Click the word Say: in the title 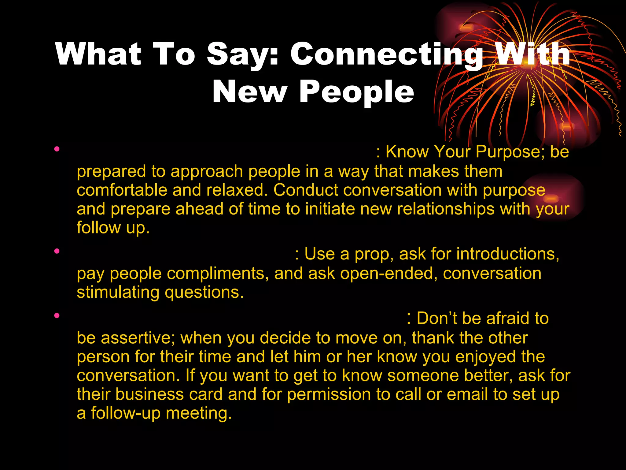tap(243, 54)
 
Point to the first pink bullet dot tap(57, 149)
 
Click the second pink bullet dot tap(57, 252)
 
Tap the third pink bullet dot tap(57, 315)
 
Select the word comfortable tap(122, 190)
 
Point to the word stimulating tap(118, 293)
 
